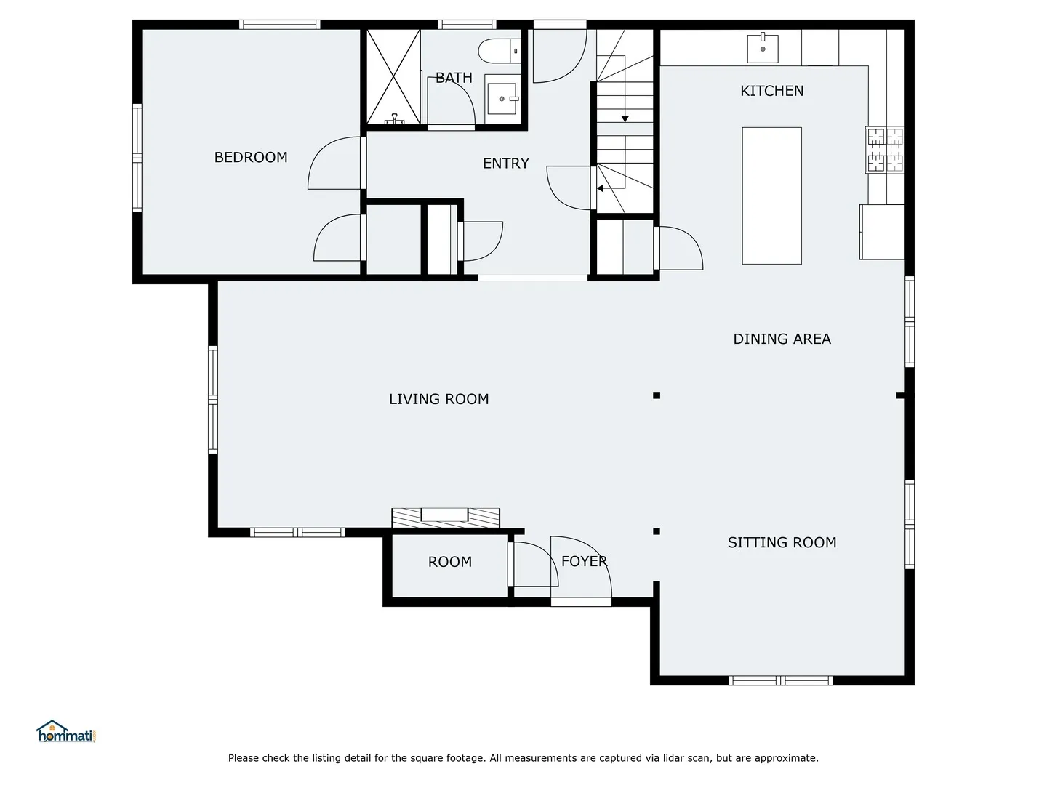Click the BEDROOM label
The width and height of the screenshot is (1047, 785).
point(250,157)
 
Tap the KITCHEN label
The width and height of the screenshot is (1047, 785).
point(771,91)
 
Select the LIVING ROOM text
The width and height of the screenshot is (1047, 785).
point(439,399)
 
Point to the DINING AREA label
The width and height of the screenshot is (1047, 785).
point(782,339)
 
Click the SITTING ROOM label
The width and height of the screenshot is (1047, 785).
point(782,542)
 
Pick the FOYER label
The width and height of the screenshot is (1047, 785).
point(585,561)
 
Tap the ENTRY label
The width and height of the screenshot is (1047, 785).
point(505,164)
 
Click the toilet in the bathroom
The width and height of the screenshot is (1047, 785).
point(499,51)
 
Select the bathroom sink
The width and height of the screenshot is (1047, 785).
point(501,99)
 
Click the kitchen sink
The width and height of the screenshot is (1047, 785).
point(762,48)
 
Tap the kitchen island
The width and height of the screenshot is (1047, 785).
point(771,196)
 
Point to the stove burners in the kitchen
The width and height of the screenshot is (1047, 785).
point(884,150)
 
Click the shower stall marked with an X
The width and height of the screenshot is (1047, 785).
point(393,77)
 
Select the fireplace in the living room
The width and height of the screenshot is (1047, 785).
point(446,518)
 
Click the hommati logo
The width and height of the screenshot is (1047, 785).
point(66,731)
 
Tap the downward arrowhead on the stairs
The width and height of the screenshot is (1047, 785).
point(625,118)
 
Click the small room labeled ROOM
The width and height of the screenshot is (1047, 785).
point(449,565)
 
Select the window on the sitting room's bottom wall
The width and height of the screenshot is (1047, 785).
point(780,680)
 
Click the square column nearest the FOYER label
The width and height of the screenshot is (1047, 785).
point(657,531)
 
